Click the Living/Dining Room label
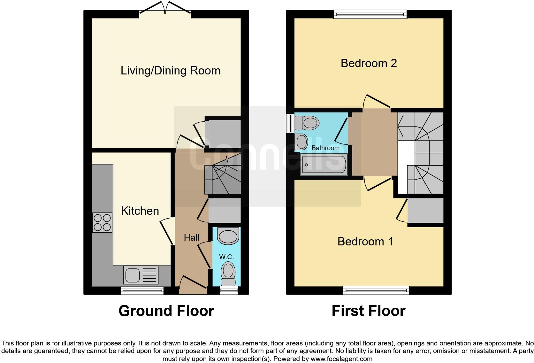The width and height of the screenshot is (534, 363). tap(170, 71)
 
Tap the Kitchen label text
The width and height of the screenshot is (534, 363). tap(140, 211)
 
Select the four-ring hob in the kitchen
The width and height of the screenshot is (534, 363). tap(102, 223)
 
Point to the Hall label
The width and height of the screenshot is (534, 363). tap(191, 237)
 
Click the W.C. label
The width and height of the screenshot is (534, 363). tap(226, 257)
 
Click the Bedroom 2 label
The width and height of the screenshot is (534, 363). tap(369, 63)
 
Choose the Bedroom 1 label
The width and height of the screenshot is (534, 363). tap(365, 241)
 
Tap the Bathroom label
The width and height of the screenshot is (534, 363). tap(325, 148)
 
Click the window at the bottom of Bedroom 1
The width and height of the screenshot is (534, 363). tap(376, 290)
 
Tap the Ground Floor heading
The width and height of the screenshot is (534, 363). tap(166, 311)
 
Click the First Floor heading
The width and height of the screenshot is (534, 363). tap(368, 311)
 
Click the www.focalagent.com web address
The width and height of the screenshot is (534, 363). tap(341, 359)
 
